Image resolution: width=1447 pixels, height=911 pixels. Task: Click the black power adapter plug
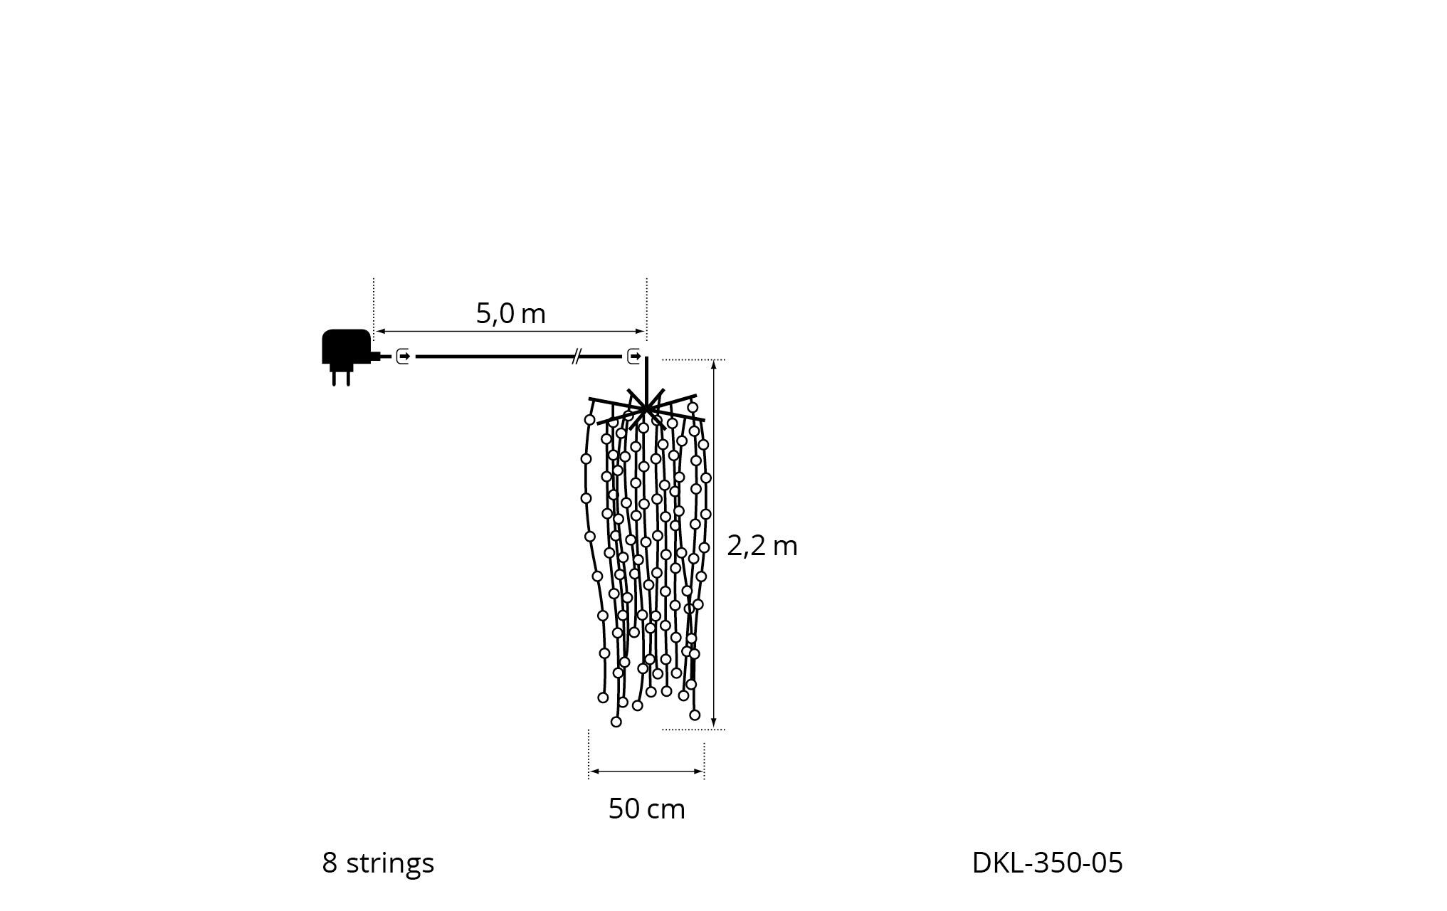[x=346, y=347]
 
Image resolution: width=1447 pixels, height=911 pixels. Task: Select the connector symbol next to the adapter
[x=403, y=356]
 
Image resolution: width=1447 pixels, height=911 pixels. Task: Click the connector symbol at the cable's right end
[x=633, y=356]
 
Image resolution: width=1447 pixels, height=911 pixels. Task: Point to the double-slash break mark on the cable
[x=577, y=356]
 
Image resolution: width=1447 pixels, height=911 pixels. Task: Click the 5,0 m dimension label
[x=510, y=313]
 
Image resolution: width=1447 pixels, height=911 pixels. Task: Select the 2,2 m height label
[x=762, y=546]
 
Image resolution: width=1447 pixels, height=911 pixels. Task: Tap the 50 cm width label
[x=646, y=809]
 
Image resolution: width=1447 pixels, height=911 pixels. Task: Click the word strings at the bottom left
[x=389, y=863]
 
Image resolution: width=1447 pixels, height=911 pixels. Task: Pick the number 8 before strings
[x=330, y=863]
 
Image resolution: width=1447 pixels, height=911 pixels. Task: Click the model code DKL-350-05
[x=1047, y=863]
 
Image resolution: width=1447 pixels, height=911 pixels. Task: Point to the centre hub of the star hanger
[x=646, y=409]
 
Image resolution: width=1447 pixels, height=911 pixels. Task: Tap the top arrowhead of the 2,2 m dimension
[x=713, y=364]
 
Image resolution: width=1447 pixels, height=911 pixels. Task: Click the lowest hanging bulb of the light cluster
[x=616, y=722]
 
